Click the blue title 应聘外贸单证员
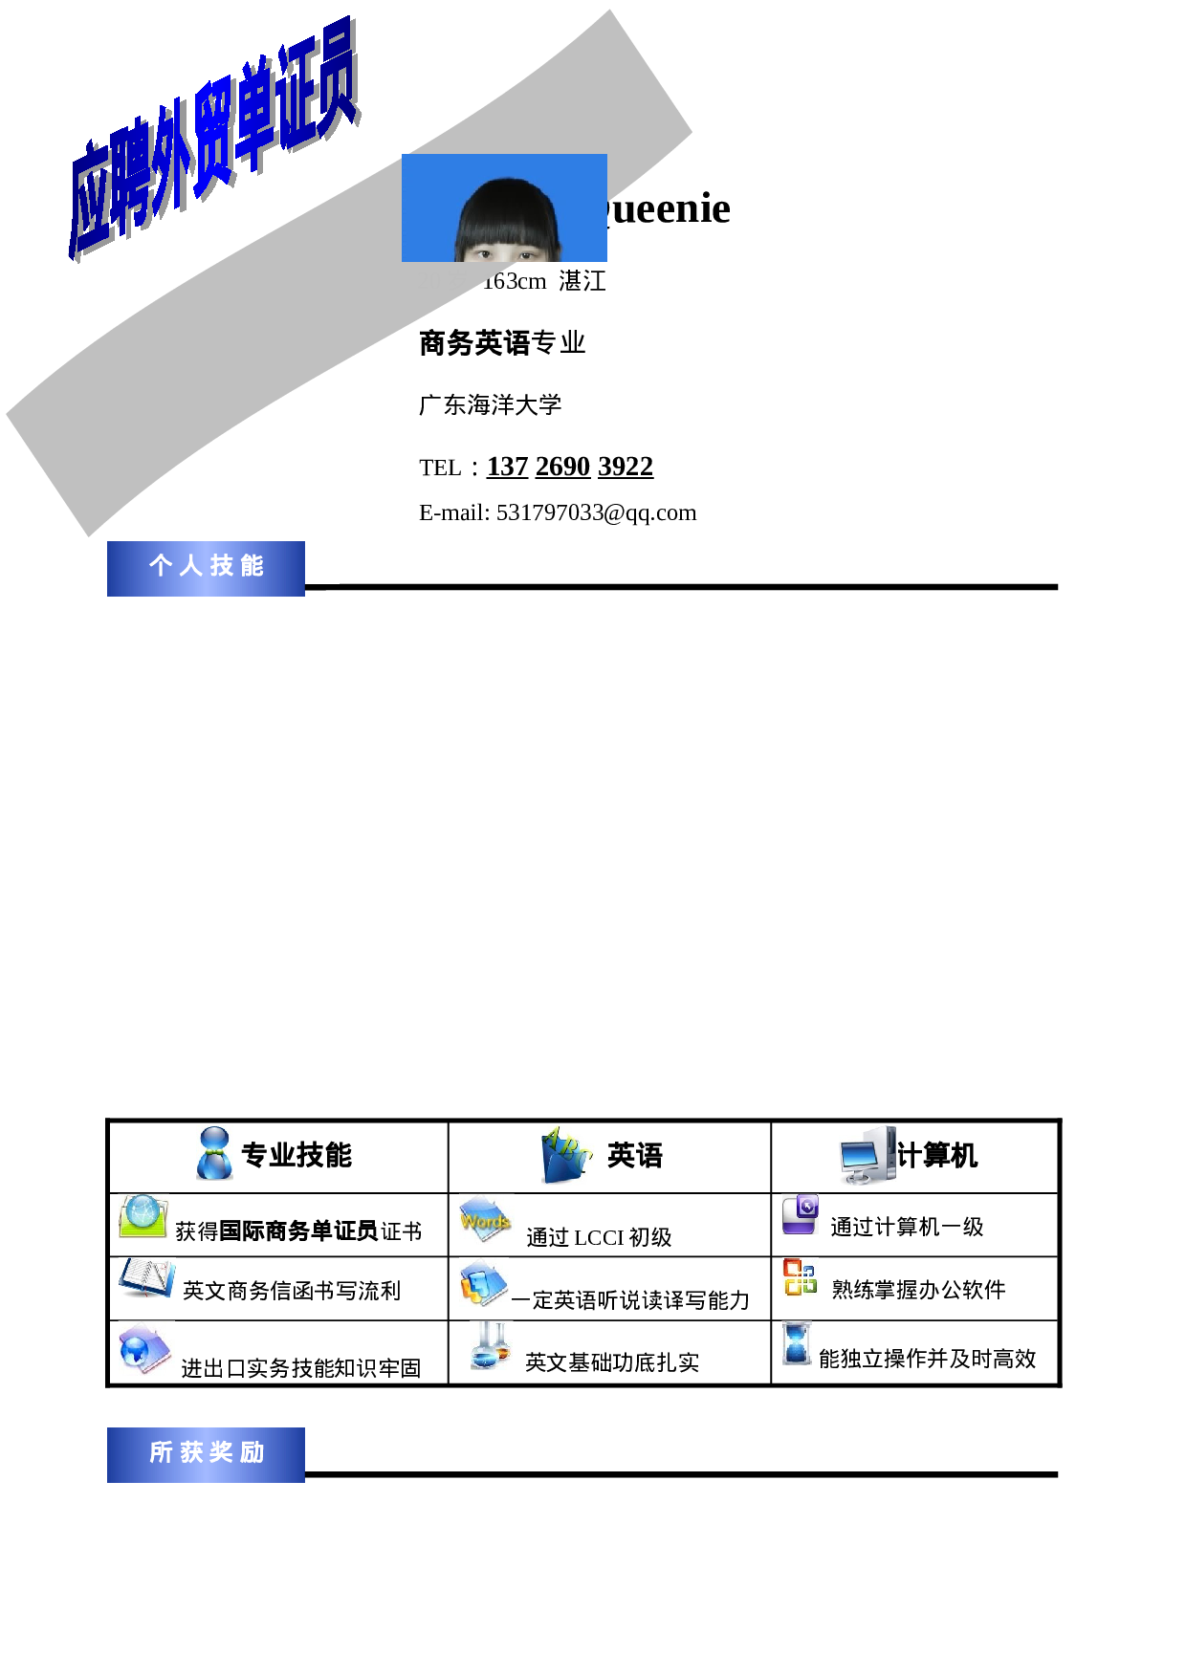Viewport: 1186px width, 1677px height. [x=215, y=139]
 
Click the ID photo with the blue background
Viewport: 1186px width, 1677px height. [x=504, y=207]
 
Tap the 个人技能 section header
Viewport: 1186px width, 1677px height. [x=206, y=568]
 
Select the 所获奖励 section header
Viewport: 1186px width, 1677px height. [x=206, y=1453]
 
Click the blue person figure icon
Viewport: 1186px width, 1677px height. [x=214, y=1152]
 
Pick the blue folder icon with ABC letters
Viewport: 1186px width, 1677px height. [x=567, y=1155]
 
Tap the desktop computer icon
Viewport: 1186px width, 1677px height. [x=868, y=1155]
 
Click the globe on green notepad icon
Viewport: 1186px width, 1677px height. [x=143, y=1216]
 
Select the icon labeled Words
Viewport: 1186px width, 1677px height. [x=486, y=1219]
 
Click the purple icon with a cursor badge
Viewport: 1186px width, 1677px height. [x=800, y=1214]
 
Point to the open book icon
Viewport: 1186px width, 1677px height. [x=146, y=1277]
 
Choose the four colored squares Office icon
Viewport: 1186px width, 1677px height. [x=800, y=1277]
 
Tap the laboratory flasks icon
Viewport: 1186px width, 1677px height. [x=491, y=1344]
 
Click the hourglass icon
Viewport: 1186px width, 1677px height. [x=796, y=1343]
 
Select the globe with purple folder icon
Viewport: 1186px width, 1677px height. [x=145, y=1348]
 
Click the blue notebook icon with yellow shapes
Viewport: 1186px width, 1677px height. [x=483, y=1282]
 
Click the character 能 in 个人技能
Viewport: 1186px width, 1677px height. [x=252, y=566]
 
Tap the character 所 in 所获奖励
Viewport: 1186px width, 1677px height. [x=161, y=1452]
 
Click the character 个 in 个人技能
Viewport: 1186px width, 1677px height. [x=160, y=566]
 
